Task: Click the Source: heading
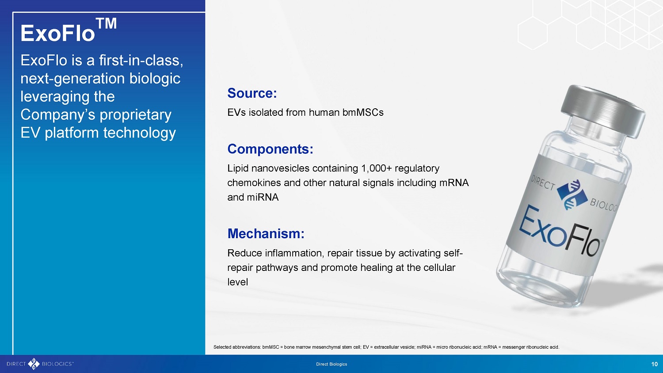click(x=252, y=93)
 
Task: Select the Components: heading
click(x=270, y=149)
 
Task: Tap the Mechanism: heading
click(x=266, y=234)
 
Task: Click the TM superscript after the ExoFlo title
click(x=106, y=23)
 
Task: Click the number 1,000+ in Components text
click(x=377, y=168)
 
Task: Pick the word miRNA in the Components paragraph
click(x=263, y=197)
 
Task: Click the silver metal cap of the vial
click(x=604, y=112)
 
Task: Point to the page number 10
click(x=655, y=364)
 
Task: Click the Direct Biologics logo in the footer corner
click(x=40, y=364)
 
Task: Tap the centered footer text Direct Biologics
click(x=331, y=364)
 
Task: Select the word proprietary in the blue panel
click(x=136, y=115)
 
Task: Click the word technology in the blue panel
click(x=139, y=133)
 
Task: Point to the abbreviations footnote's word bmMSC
click(x=271, y=347)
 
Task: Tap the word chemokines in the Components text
click(x=254, y=183)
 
